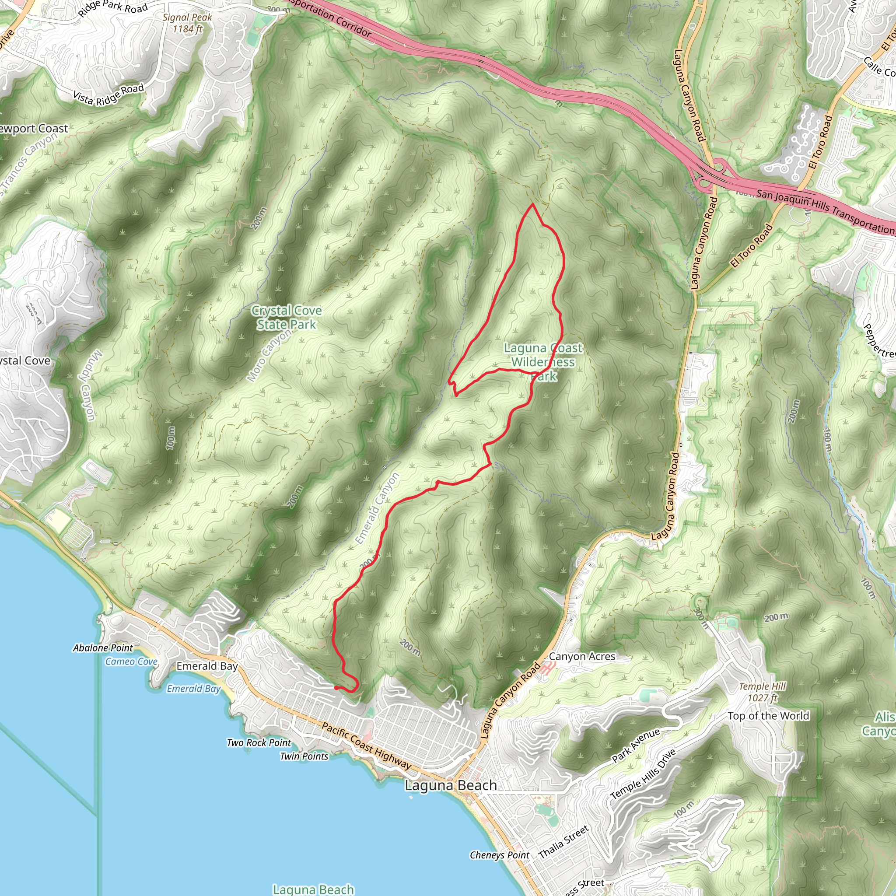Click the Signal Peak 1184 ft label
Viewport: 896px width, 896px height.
pos(187,23)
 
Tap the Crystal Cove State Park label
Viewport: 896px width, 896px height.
pos(286,318)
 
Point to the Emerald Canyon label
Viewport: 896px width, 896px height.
pos(377,508)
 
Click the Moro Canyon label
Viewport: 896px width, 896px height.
pos(269,356)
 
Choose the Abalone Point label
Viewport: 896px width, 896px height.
pos(103,648)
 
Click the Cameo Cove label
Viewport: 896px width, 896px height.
pos(131,662)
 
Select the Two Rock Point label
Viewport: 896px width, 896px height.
pos(259,742)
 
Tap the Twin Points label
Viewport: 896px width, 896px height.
pos(304,756)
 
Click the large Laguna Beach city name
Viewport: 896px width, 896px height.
pos(451,785)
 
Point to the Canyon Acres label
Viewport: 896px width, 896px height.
pos(582,656)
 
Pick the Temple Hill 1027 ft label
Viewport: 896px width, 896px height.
pos(763,692)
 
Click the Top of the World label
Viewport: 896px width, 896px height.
pos(768,716)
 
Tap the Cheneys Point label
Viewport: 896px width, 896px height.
pos(499,855)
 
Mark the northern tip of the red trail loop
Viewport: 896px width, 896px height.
pos(532,204)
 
